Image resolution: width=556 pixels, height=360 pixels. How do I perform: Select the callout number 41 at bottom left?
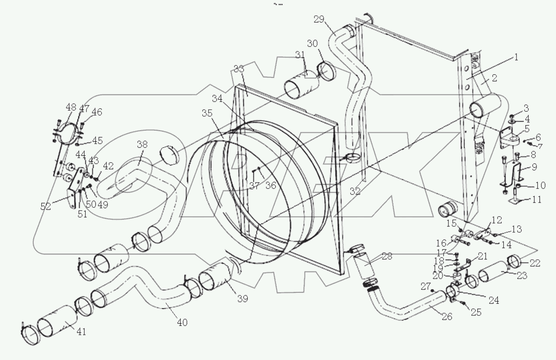(x=81, y=331)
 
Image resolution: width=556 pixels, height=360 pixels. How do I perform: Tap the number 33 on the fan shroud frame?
(x=239, y=69)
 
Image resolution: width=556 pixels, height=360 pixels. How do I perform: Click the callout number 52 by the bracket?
(x=46, y=206)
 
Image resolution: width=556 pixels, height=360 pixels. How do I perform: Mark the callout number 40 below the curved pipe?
(x=182, y=322)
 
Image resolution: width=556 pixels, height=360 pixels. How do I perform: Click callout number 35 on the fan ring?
(x=207, y=114)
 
